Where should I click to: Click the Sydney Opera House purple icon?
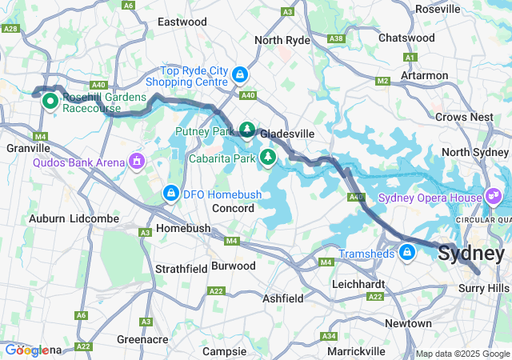click(494, 196)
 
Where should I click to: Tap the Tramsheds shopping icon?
click(407, 254)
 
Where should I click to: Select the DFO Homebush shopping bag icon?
click(170, 193)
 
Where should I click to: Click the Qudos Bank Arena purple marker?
click(137, 162)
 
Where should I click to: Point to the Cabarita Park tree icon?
click(267, 158)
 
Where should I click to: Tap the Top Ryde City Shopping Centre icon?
click(239, 75)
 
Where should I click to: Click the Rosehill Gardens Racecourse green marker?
click(49, 101)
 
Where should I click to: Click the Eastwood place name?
click(182, 22)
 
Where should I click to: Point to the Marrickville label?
click(356, 350)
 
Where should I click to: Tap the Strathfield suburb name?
click(181, 268)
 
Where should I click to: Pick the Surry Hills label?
click(482, 287)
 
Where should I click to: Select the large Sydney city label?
click(470, 254)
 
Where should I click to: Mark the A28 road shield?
click(10, 28)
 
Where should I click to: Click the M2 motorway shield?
click(382, 80)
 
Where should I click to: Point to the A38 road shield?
click(336, 38)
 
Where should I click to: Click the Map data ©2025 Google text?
click(462, 354)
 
